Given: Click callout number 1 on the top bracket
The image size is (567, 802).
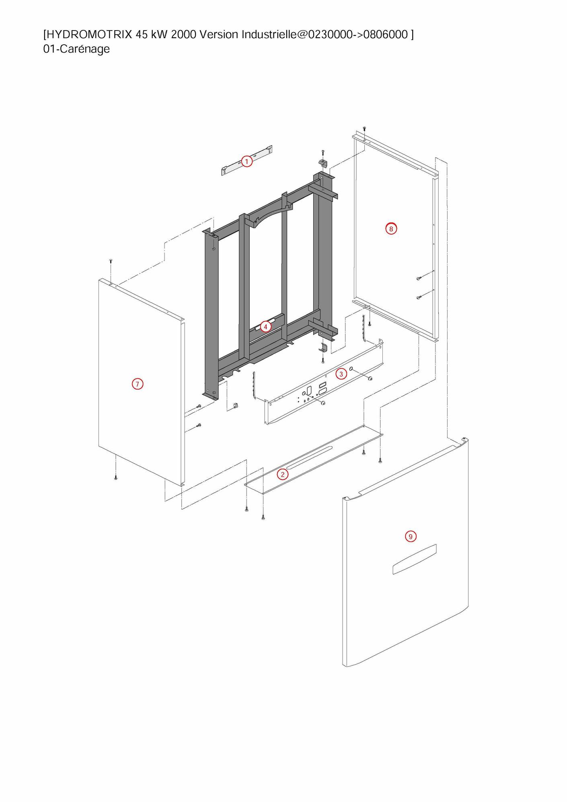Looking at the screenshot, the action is pyautogui.click(x=247, y=162).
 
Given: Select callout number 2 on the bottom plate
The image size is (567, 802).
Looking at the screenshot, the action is pyautogui.click(x=282, y=475).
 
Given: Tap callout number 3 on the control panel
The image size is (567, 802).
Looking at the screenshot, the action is pyautogui.click(x=341, y=374).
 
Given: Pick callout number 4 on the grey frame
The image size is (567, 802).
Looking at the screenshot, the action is pyautogui.click(x=265, y=327).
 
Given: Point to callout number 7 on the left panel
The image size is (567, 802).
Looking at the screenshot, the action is pyautogui.click(x=137, y=384).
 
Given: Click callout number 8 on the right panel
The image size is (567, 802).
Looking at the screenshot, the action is pyautogui.click(x=390, y=229).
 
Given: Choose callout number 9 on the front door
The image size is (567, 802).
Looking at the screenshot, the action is pyautogui.click(x=410, y=537).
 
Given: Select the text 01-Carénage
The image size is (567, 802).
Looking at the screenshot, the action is pyautogui.click(x=76, y=49).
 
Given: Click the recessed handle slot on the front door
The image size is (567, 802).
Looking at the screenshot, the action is pyautogui.click(x=414, y=559).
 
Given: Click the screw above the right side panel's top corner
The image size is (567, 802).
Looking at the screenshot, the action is pyautogui.click(x=364, y=129).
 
